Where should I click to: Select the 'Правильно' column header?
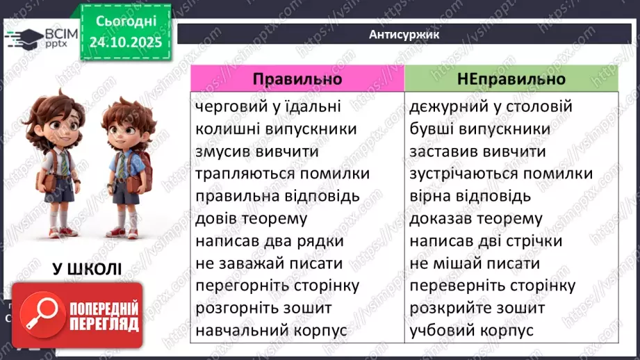(x=297, y=79)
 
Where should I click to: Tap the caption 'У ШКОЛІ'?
(x=86, y=269)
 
